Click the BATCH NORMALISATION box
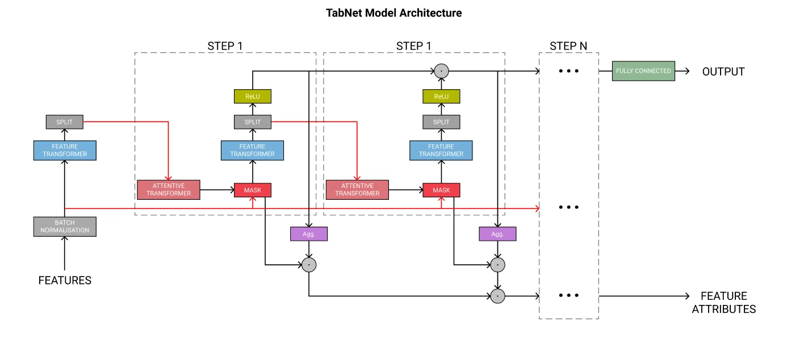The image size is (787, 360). coord(65,227)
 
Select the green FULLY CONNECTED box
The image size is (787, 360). coord(643,71)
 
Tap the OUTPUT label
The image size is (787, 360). coord(723,72)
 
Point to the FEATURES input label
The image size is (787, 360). coord(65,281)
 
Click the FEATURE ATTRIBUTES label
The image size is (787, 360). coord(724,303)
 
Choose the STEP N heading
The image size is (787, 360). coord(568,46)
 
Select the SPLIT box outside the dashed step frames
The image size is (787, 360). coord(65,122)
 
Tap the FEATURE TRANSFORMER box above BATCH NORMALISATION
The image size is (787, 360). coord(65,150)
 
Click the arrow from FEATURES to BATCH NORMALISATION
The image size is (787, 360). coord(65,253)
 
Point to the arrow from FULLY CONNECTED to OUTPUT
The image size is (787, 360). coord(682,71)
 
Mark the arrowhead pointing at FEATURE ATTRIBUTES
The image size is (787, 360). coord(687,296)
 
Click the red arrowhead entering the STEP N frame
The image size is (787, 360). coord(537,208)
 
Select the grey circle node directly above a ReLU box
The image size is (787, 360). coord(441,71)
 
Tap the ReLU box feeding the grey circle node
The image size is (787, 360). coord(441,96)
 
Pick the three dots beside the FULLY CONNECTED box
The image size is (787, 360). coord(569,71)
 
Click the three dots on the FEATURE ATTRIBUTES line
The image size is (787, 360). coord(569,295)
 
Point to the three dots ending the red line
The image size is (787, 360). coord(569,207)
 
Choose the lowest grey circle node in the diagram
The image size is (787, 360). coord(497,296)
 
